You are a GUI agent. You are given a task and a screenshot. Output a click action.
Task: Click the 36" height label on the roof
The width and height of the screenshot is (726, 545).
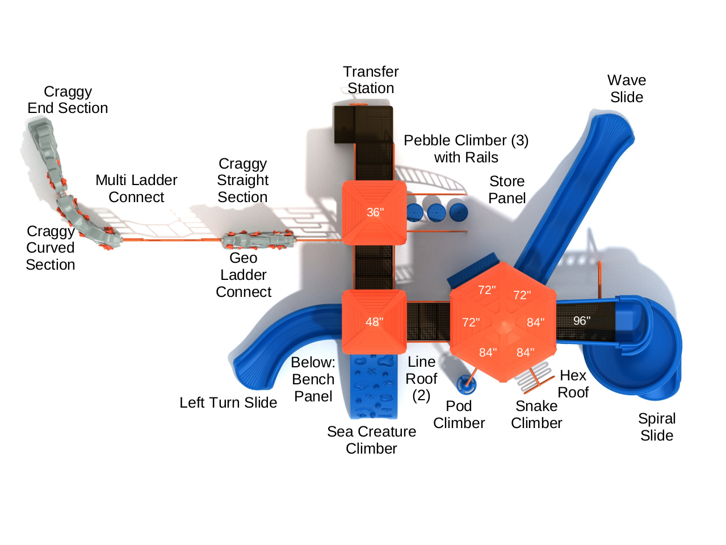coord(375,212)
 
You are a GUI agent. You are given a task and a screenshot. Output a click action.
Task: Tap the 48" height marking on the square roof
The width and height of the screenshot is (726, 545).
coord(374,322)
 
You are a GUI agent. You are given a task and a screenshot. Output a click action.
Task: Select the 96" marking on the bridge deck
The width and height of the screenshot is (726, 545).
coord(581,321)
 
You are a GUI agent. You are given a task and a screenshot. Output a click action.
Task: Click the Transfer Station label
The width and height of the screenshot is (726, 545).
coord(371,80)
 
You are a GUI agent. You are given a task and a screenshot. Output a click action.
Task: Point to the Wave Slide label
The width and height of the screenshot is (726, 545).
coord(627,89)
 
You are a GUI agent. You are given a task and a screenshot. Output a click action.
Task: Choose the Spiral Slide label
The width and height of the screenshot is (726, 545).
coord(657,427)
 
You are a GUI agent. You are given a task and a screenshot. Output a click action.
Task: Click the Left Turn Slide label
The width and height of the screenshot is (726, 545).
coord(228,403)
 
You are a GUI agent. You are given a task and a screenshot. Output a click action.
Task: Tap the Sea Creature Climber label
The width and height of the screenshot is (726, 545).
coord(371,440)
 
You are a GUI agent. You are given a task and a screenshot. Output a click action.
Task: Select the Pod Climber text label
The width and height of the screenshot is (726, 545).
coord(459,414)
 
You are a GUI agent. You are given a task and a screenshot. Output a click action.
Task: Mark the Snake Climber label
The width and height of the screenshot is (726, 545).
coord(536,414)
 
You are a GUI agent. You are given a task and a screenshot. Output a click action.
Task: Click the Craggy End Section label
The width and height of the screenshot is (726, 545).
coord(68,100)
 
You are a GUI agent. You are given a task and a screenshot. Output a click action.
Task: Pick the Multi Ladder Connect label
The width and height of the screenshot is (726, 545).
coord(136,188)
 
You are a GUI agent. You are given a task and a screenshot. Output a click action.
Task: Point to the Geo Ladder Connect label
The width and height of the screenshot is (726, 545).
coord(244,275)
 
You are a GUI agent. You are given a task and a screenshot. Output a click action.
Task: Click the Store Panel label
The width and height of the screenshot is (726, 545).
coord(507,190)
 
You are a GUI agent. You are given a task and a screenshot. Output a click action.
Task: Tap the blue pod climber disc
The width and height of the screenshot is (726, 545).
coord(467,384)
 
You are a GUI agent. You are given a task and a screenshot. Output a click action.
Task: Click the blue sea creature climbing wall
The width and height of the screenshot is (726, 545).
coord(372,386)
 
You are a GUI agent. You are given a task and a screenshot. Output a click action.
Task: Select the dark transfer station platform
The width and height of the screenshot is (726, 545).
coord(363,124)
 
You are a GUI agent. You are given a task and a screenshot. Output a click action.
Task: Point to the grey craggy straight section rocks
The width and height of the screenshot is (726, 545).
coord(258,240)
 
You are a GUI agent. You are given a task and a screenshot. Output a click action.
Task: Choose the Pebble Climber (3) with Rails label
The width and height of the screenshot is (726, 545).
coord(466,149)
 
